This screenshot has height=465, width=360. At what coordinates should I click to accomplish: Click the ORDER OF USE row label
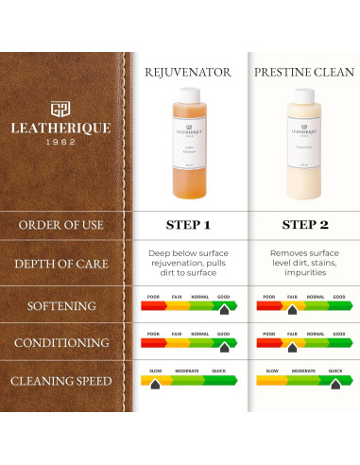pyautogui.click(x=61, y=225)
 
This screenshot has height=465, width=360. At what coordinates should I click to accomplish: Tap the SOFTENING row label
pyautogui.click(x=61, y=306)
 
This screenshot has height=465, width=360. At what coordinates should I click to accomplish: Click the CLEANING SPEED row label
pyautogui.click(x=61, y=381)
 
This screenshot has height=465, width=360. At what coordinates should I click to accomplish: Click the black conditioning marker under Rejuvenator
pyautogui.click(x=224, y=347)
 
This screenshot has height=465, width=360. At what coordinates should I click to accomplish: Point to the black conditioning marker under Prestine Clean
pyautogui.click(x=291, y=347)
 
